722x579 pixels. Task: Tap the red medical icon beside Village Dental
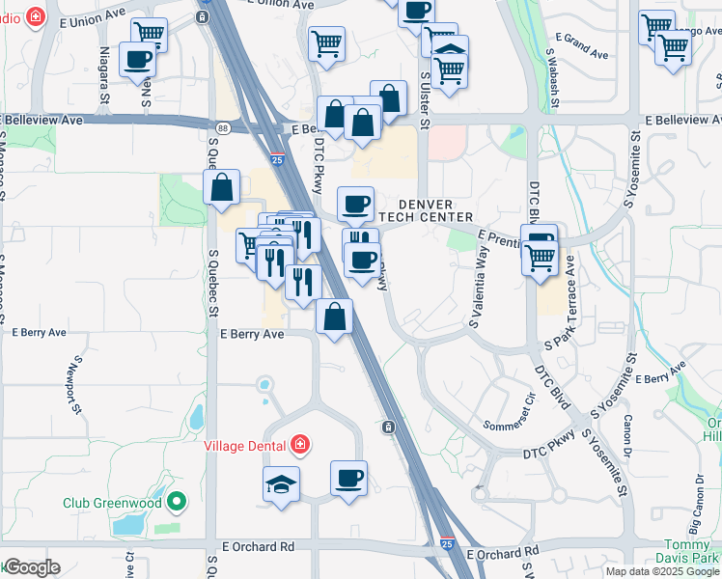tap(300, 445)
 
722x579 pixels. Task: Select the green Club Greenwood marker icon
tap(176, 502)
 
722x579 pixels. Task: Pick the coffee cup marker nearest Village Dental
tap(348, 477)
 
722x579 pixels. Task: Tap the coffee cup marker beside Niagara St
tap(137, 59)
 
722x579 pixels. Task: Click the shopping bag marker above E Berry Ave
tap(334, 317)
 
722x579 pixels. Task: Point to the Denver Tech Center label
tap(425, 208)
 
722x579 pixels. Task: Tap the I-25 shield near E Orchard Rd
tap(447, 544)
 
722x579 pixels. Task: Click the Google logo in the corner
tap(31, 567)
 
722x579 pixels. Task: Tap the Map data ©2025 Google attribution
tap(662, 571)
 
